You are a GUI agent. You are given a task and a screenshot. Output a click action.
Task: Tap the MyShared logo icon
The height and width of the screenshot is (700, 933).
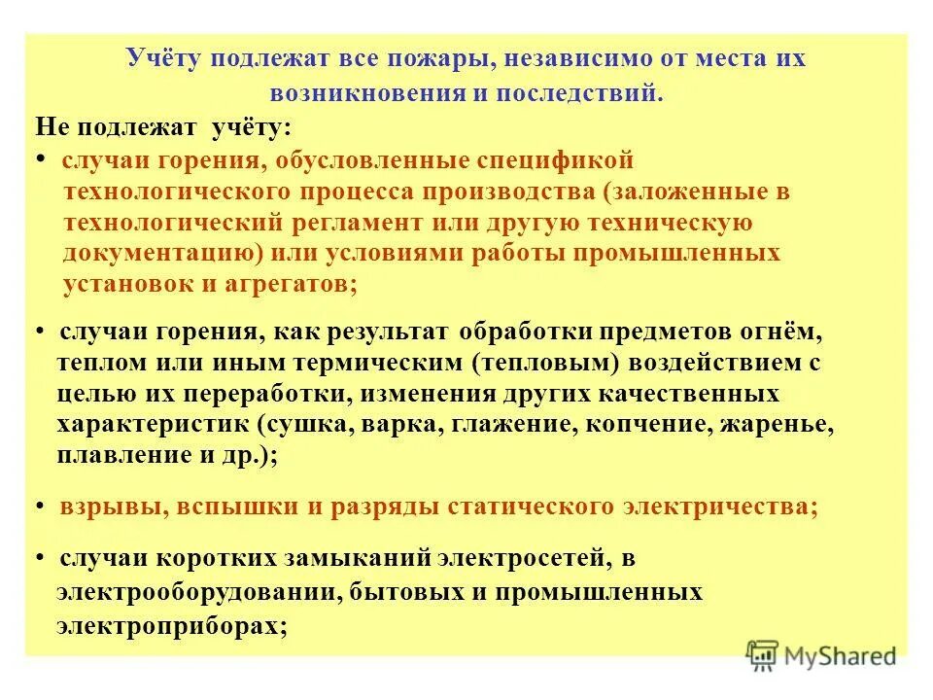click(x=762, y=655)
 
